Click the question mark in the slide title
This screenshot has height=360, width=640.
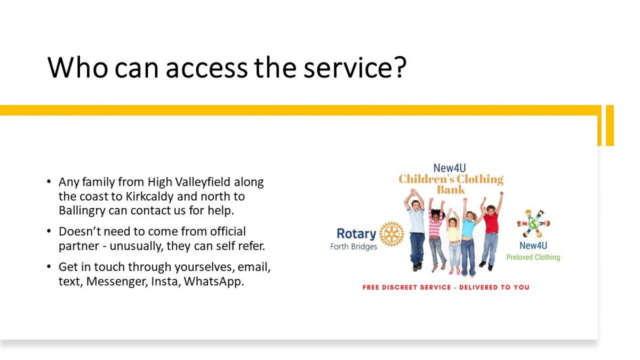[399, 67]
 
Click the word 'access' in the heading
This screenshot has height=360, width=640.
[206, 69]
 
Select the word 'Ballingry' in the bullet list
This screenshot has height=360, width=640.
[82, 211]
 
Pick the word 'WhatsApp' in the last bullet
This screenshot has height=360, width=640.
[214, 282]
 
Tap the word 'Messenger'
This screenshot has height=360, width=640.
[117, 282]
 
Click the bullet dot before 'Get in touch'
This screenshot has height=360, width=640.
[49, 267]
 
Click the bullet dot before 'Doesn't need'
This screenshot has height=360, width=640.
[49, 231]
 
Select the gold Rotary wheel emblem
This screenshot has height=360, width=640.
[391, 234]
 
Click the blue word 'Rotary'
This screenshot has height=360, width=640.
[356, 234]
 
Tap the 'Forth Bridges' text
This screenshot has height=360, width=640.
[354, 246]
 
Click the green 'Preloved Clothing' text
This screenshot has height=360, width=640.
[533, 258]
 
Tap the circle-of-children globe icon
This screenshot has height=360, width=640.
[533, 223]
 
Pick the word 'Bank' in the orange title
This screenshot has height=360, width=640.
[451, 189]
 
